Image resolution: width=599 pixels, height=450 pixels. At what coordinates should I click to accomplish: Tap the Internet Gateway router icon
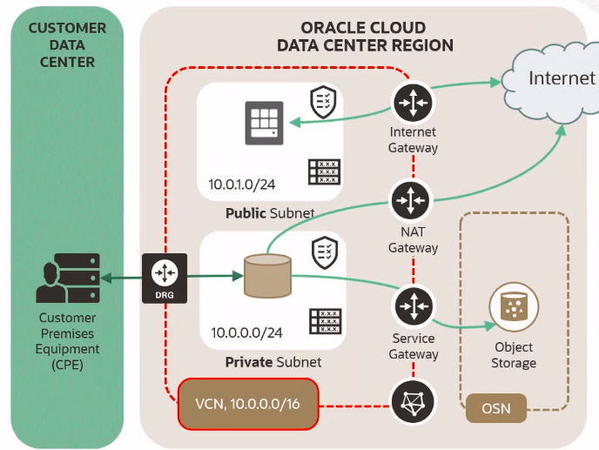[x=414, y=103]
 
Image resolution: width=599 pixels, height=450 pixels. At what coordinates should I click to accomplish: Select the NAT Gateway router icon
[x=414, y=201]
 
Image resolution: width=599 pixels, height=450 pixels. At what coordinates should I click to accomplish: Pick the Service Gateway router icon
[x=414, y=307]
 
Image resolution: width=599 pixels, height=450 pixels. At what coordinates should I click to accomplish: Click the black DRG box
[x=165, y=278]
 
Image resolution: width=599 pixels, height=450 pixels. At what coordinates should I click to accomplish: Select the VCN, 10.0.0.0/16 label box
[x=246, y=404]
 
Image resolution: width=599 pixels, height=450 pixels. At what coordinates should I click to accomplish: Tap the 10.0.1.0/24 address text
[x=244, y=185]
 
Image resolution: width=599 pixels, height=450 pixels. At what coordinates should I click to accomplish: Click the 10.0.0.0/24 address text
[x=246, y=332]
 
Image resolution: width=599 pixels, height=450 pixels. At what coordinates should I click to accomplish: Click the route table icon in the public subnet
[x=324, y=171]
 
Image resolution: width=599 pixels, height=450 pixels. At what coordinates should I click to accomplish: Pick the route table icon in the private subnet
[x=325, y=321]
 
